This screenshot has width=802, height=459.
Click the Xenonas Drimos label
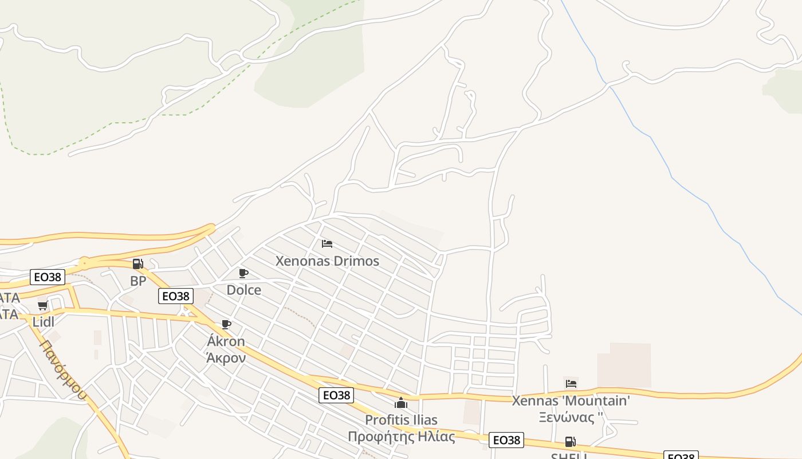[x=327, y=261]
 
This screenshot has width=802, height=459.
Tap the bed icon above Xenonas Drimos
[x=327, y=244]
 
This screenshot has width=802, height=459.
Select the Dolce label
[x=244, y=290]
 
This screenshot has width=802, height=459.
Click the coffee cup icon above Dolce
[x=243, y=273]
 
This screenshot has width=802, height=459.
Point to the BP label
[x=138, y=281]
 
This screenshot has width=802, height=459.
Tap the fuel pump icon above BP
[x=137, y=264]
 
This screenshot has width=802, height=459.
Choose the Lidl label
[x=43, y=322]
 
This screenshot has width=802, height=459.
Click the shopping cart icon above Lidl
[x=42, y=305]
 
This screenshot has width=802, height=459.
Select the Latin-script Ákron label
[x=226, y=341]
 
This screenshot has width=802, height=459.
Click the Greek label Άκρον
[x=226, y=358]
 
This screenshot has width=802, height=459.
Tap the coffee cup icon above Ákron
[x=226, y=325]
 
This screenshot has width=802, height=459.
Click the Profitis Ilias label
[x=401, y=420]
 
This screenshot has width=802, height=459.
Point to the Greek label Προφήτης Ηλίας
[x=401, y=437]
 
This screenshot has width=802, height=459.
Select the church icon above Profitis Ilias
[x=401, y=403]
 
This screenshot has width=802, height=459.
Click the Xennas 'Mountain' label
[x=571, y=400]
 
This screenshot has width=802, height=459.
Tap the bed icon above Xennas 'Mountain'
[x=571, y=384]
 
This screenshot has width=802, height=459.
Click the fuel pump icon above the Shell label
[x=570, y=442]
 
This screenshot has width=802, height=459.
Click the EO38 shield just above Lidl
[x=48, y=277]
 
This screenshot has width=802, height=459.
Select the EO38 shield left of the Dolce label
[x=175, y=296]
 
